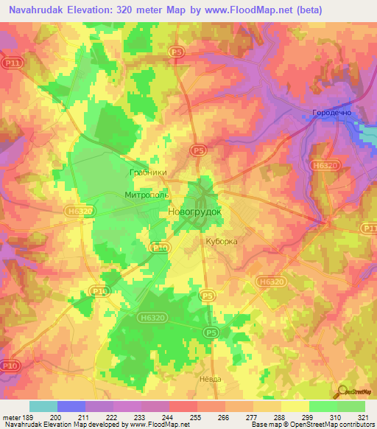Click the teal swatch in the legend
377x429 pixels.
click(x=43, y=406)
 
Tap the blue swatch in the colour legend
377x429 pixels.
click(x=71, y=406)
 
